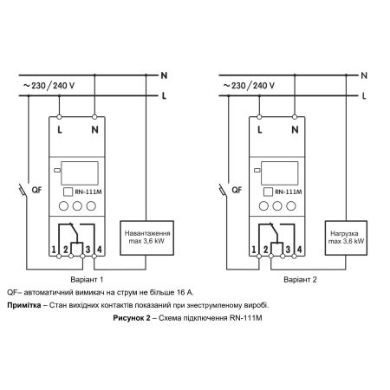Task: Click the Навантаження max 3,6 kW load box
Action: click(146, 237)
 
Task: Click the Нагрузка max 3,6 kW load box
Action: click(346, 237)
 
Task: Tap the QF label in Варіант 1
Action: click(36, 190)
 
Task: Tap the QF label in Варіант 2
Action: click(237, 190)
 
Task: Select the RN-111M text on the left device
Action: click(88, 192)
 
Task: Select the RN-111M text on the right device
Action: click(289, 192)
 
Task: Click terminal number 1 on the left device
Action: click(54, 250)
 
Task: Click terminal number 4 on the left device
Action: click(100, 250)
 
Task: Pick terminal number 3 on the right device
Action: click(288, 250)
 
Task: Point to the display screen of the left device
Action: click(80, 173)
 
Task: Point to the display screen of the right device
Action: click(279, 173)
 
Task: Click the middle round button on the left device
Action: click(77, 206)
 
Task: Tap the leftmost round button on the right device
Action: click(263, 206)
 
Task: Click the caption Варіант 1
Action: click(87, 280)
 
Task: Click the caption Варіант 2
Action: click(300, 280)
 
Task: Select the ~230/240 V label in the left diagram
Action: click(49, 86)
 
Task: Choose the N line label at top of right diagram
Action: click(364, 75)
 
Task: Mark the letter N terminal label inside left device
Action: click(94, 130)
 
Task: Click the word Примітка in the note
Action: click(24, 305)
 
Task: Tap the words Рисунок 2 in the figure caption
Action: click(132, 318)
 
